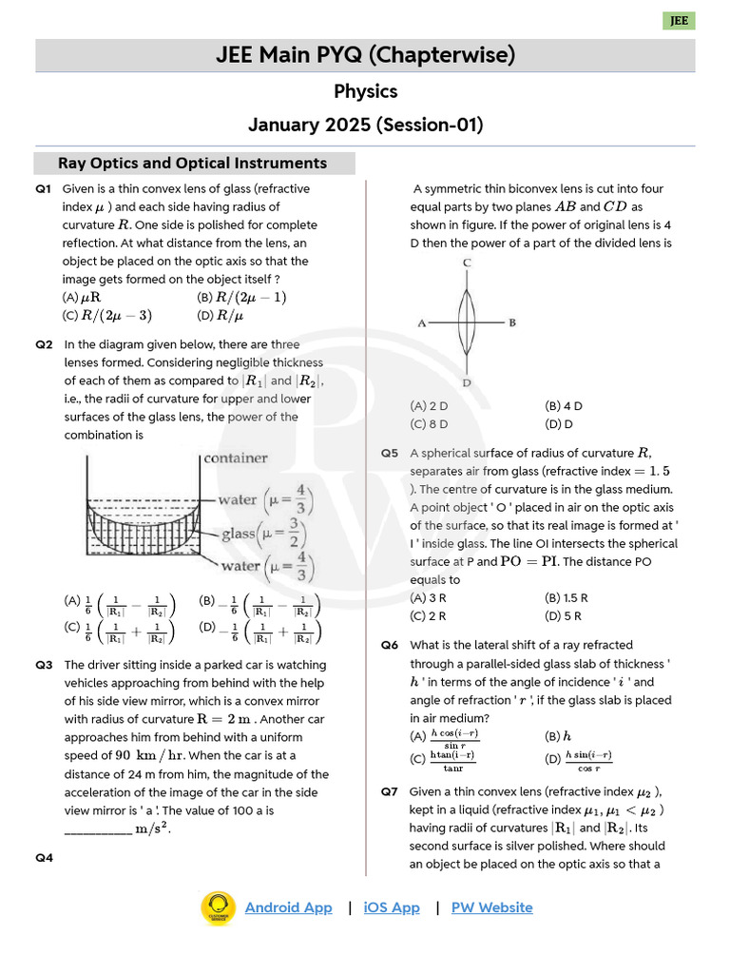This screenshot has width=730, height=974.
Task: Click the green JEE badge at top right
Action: click(679, 21)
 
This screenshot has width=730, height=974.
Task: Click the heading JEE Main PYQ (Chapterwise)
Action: click(365, 56)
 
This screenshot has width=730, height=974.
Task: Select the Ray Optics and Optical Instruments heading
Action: click(193, 163)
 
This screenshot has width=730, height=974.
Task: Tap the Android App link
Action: click(288, 907)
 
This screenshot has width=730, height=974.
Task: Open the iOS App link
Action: click(391, 907)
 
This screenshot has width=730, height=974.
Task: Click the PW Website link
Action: click(491, 907)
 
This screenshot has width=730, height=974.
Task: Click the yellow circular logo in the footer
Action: click(218, 907)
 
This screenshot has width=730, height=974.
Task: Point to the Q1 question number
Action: click(43, 189)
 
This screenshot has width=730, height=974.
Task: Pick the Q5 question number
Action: click(390, 454)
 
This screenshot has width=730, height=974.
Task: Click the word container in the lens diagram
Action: click(236, 458)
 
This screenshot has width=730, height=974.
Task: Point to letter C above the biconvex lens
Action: click(466, 263)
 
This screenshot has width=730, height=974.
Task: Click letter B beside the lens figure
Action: click(512, 323)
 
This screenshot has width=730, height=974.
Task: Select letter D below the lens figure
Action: click(466, 382)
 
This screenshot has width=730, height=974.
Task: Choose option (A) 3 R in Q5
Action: click(429, 598)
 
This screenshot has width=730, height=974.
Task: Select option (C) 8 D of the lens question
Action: click(429, 424)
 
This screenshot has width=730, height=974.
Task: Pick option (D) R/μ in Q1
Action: click(221, 316)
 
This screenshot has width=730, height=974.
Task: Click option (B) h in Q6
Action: click(558, 735)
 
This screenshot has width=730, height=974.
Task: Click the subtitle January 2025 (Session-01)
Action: click(365, 125)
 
